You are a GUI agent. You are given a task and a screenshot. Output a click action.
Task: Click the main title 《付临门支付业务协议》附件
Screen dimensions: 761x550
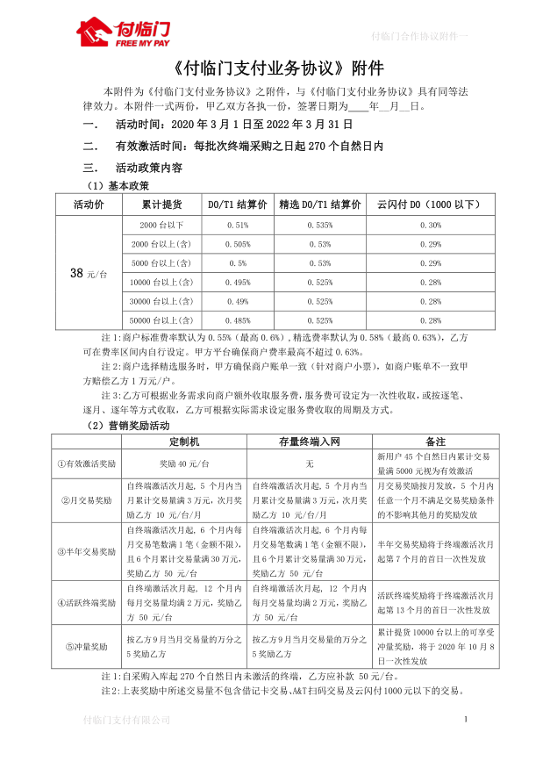[274, 68]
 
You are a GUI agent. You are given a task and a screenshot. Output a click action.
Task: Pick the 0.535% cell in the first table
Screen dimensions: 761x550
[318, 225]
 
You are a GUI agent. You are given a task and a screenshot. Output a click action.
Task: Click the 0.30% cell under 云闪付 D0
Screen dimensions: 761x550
[430, 225]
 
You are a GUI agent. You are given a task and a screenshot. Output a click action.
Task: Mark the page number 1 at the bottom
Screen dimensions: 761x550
[466, 720]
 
